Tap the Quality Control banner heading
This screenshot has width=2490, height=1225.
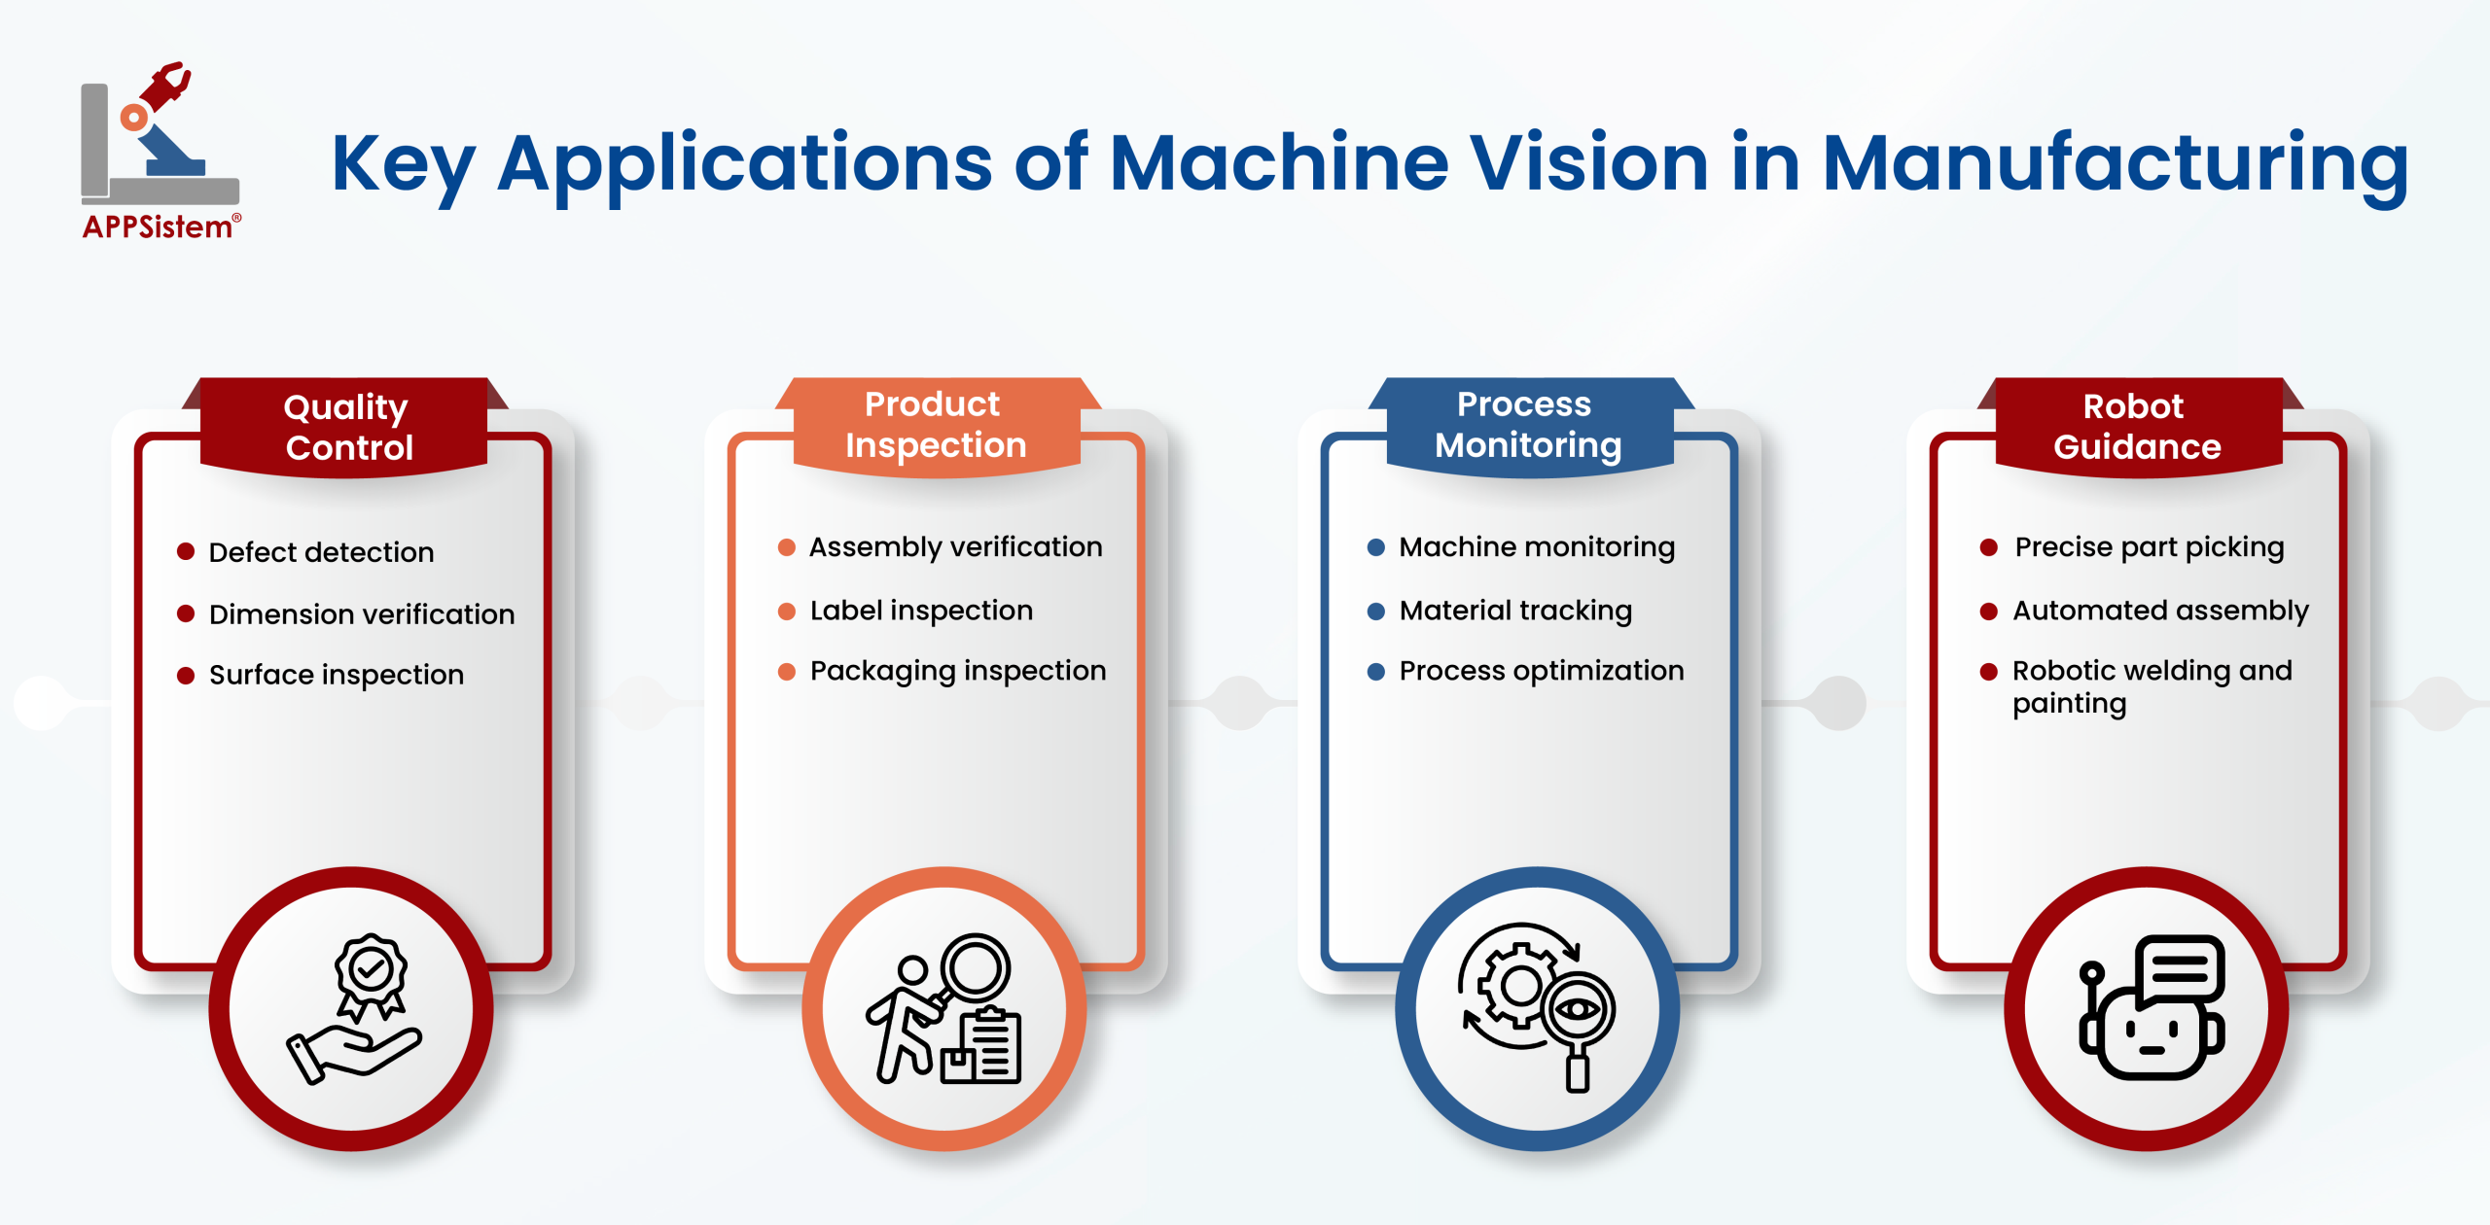coord(347,427)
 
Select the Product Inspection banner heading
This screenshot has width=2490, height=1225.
coord(935,425)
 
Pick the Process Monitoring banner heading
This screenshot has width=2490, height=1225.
coord(1527,425)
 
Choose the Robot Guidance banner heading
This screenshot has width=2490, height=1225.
coord(2136,427)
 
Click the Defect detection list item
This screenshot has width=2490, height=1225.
coord(321,552)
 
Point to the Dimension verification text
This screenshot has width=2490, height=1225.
coord(361,614)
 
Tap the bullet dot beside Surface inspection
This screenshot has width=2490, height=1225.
coord(186,676)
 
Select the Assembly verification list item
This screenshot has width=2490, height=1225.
coord(955,547)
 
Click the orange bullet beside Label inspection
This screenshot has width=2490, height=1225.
coord(787,612)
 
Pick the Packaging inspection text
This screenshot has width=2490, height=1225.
coord(957,671)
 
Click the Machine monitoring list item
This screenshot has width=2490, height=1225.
coord(1536,547)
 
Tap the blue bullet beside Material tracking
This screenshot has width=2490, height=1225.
coord(1375,612)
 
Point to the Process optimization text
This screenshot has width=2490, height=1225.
coord(1541,671)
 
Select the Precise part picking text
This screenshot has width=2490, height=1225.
coord(2149,547)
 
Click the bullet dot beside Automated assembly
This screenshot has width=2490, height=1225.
coord(1988,612)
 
